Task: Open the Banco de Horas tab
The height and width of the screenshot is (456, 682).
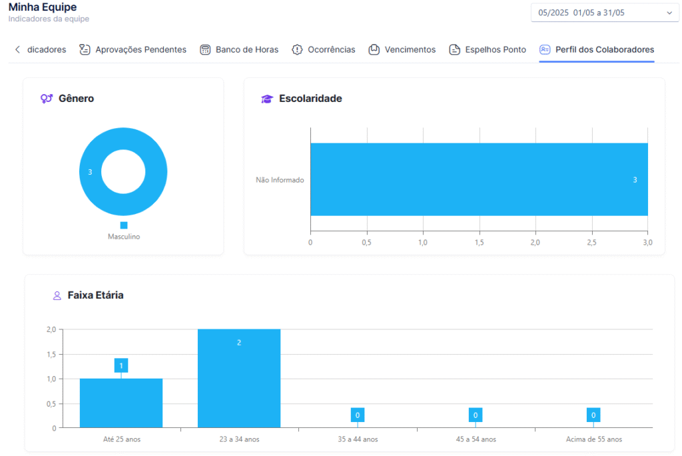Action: pos(239,49)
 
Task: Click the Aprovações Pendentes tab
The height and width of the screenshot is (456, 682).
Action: pos(133,49)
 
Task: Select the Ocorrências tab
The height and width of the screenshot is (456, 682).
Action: pos(323,49)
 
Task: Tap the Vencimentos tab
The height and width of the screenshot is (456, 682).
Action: pos(402,49)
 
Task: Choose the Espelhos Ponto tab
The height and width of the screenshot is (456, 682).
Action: pos(487,49)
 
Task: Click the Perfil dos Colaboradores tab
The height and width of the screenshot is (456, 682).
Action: pos(596,49)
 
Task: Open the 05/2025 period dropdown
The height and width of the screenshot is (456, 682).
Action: pos(605,13)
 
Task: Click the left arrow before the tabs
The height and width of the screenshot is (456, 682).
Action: pos(17,49)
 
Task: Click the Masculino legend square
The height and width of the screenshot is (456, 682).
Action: pos(124,225)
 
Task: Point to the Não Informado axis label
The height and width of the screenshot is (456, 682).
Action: pos(280,180)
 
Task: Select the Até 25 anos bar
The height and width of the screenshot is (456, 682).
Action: pos(121,403)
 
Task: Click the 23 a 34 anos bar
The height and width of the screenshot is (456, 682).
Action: pos(239,378)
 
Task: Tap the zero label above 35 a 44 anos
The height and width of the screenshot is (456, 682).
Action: pos(358,415)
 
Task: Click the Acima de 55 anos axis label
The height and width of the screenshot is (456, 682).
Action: pos(593,439)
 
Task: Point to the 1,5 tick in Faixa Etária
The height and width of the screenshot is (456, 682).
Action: pos(51,355)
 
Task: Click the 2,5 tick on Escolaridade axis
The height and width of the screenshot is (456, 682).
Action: pos(591,243)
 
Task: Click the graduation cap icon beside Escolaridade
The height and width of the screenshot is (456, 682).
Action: pos(266,99)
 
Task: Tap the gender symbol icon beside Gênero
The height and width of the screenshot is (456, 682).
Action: pos(47,99)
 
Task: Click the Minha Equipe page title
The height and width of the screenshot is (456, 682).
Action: pos(43,7)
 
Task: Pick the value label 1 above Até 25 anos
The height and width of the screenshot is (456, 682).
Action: pos(121,365)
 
